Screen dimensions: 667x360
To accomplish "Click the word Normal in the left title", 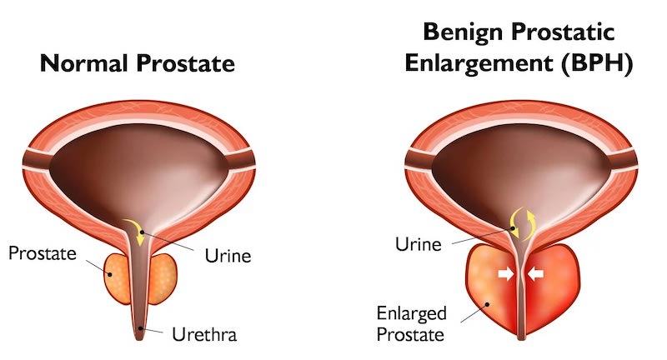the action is (84, 63).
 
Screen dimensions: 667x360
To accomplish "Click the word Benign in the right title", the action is (464, 32).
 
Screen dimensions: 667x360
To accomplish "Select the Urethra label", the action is (204, 335).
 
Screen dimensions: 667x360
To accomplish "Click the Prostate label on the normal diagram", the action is (43, 253).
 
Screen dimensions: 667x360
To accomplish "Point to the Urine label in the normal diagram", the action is (228, 256).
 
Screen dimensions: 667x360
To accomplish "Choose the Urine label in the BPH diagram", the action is (419, 244).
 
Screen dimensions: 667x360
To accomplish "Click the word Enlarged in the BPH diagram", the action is (411, 313).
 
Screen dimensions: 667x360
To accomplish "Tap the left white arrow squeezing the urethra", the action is (506, 273).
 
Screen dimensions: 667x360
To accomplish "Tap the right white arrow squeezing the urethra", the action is (535, 273).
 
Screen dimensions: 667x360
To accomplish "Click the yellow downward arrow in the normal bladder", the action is (135, 231).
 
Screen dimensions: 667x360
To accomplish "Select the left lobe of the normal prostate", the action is (117, 278).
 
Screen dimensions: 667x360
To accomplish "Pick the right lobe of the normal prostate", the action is (163, 278).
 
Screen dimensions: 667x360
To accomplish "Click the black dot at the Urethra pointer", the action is (140, 328).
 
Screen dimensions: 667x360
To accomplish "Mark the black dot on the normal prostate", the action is (110, 274).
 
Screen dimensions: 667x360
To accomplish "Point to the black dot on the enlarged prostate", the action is (488, 304).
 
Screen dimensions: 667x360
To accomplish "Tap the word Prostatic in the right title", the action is (563, 32).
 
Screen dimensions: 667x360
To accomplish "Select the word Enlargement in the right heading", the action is (479, 64).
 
